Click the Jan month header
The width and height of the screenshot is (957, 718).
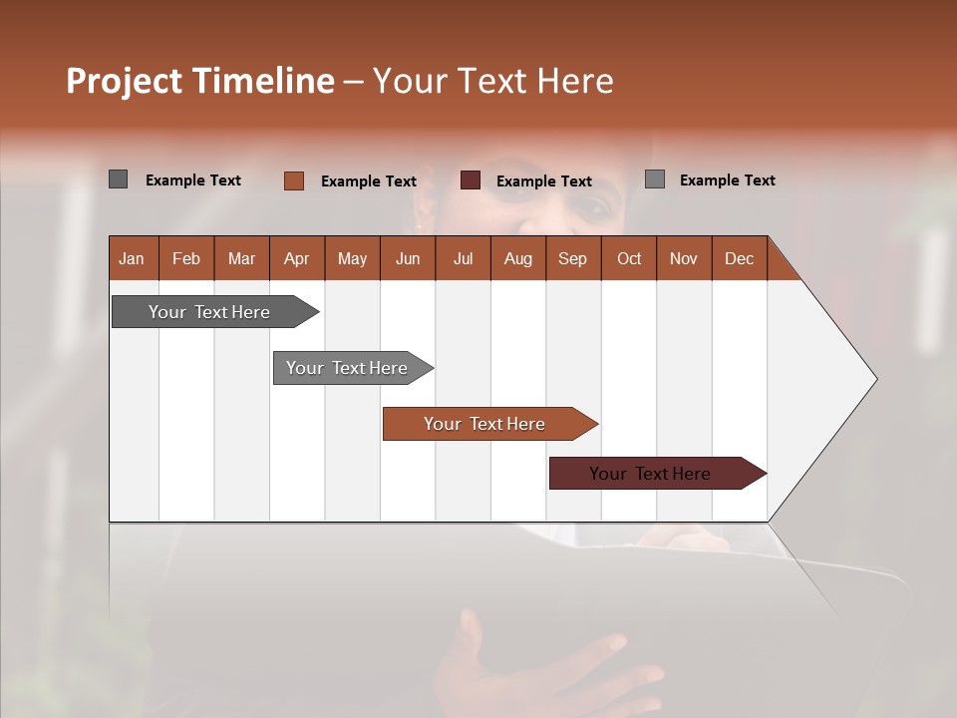click(132, 258)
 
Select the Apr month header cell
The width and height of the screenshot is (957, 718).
click(296, 258)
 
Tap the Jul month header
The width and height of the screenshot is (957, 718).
click(463, 258)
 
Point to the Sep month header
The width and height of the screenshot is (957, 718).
click(572, 258)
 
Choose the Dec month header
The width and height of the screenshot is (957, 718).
click(739, 258)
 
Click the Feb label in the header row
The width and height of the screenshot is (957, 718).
click(186, 258)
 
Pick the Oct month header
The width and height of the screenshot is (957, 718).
click(629, 258)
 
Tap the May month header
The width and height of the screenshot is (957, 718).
click(352, 258)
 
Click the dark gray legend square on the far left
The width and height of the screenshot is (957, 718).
click(118, 179)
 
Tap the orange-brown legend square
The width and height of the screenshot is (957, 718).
click(293, 180)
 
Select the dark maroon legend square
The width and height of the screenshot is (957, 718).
click(470, 179)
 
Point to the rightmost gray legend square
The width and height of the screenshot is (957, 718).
click(654, 179)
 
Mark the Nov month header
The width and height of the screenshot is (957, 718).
click(684, 258)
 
